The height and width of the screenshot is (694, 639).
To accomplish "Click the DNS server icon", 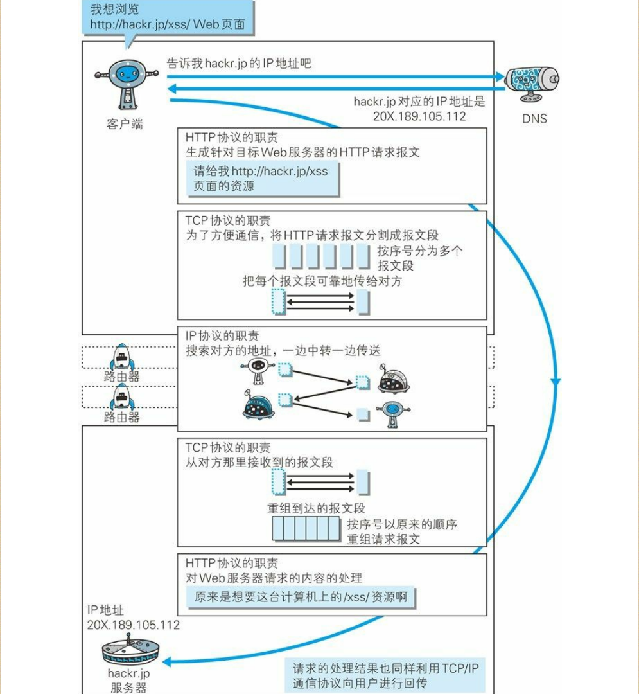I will coord(530,84).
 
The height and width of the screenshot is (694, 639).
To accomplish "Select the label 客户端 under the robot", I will coord(125,124).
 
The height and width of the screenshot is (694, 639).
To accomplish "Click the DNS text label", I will coord(534,119).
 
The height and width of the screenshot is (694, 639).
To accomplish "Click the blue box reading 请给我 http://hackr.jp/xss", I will coord(260,179).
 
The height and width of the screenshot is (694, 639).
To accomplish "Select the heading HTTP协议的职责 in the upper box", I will coord(232,138).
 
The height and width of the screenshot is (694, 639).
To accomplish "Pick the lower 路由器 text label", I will coord(121,417).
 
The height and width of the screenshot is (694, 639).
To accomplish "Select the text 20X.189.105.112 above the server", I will coord(133,625).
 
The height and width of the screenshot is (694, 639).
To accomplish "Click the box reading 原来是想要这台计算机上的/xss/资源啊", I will coord(301,597).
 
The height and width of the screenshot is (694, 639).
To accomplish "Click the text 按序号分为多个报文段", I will coord(419,258).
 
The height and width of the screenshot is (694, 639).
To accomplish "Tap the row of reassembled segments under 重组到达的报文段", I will coord(305,530).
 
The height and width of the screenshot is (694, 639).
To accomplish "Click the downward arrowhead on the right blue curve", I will coord(555,385).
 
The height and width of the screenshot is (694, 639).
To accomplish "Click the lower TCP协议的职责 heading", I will coord(228,447).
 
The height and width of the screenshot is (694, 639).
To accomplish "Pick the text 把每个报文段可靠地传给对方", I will coord(322,281).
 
